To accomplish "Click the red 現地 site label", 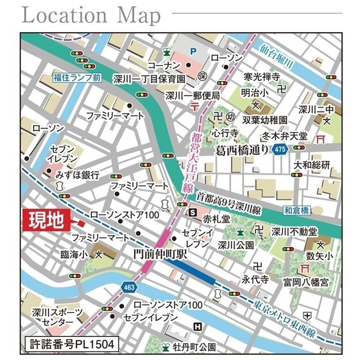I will point(46,220).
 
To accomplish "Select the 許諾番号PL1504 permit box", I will point(72,343).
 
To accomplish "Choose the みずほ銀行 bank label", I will point(77,175).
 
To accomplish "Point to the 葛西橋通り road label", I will point(243,150).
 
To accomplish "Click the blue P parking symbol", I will point(193,51).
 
